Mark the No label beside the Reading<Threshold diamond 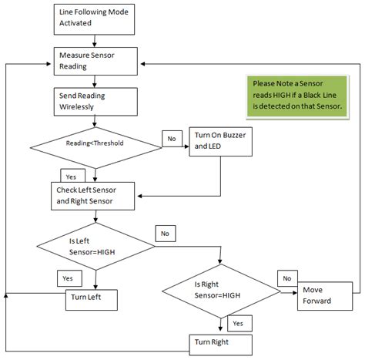pos(171,138)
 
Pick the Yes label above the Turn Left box pos(65,277)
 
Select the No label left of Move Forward pos(286,278)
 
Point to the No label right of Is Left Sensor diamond pos(165,231)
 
